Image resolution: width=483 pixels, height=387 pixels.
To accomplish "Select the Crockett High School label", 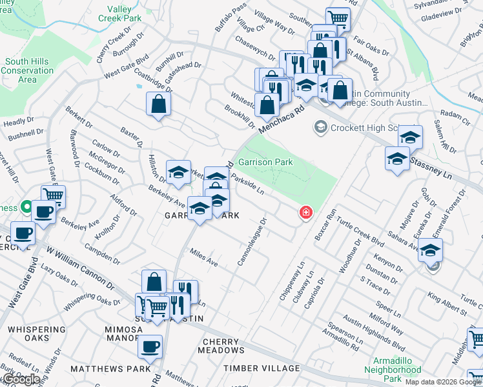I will coord(365,128).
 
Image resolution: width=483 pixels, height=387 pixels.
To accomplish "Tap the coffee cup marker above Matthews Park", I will coord(151,346).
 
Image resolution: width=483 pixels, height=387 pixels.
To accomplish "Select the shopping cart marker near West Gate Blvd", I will coord(53,196).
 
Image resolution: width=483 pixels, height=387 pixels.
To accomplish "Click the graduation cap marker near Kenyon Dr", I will coord(431,252).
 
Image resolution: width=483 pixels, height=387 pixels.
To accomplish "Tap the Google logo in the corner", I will coord(21,379).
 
